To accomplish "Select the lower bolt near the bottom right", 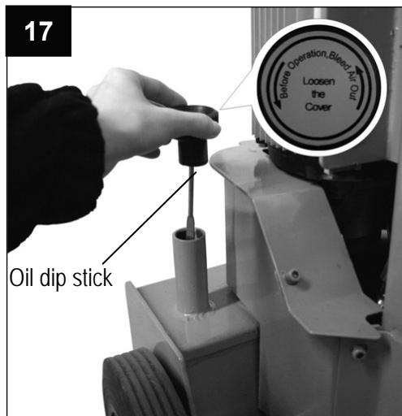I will (x=358, y=351).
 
